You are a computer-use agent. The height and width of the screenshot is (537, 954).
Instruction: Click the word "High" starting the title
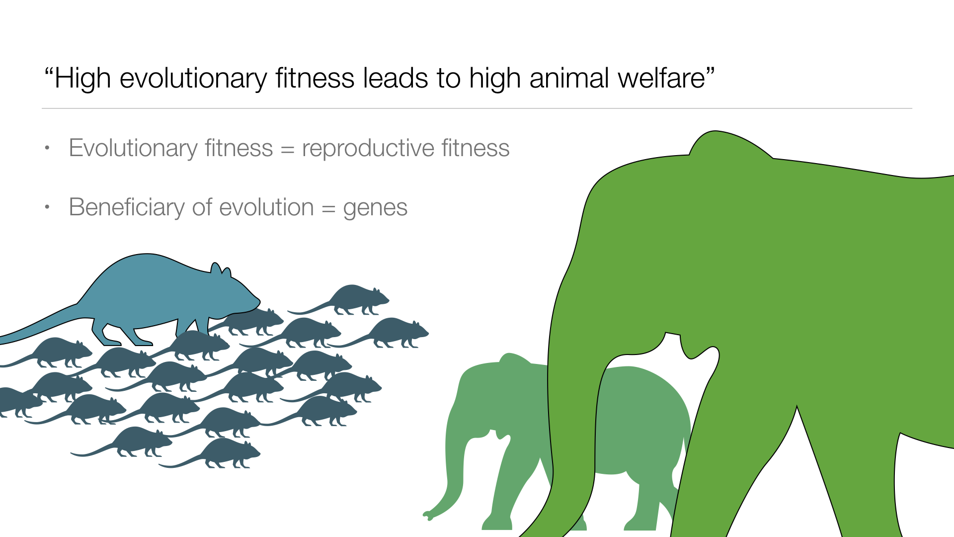coord(83,79)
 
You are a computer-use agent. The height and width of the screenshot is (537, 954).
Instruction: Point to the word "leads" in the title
coord(396,78)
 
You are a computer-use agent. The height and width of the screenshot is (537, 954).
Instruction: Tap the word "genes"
coord(375,209)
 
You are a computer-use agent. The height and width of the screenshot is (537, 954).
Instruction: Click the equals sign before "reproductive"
coord(287,150)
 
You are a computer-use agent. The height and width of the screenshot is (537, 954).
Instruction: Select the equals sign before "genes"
coord(328,209)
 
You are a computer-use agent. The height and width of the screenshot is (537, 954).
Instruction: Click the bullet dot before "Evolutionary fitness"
coord(47,148)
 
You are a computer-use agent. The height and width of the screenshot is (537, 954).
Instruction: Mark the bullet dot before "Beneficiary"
coord(47,207)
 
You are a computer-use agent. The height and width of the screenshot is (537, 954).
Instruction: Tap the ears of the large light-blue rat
coord(221,269)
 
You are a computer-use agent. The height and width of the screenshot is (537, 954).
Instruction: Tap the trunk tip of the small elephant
coord(426,515)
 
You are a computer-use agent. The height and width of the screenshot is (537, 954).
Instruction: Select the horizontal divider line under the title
coord(477,108)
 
